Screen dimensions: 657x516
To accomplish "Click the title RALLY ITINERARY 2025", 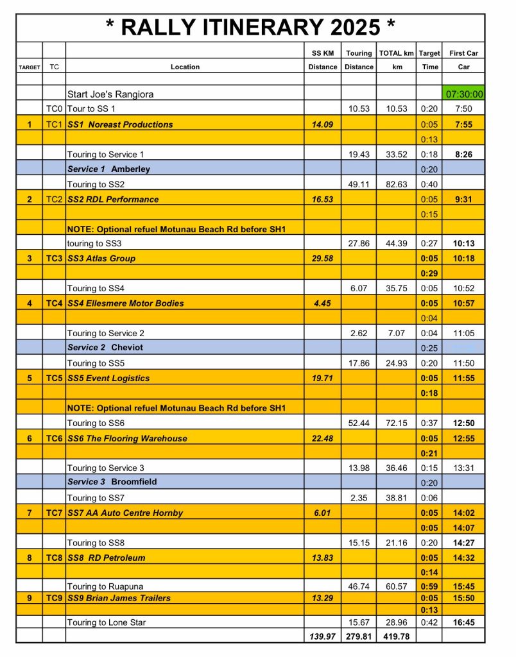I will (250, 28).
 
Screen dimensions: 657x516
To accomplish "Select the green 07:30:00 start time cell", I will (463, 94).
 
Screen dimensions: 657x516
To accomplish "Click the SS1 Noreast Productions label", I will (120, 124).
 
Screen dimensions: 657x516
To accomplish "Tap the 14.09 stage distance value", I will (322, 124).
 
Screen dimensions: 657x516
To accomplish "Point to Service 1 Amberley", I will (109, 169).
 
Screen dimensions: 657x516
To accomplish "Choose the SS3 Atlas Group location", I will (101, 259).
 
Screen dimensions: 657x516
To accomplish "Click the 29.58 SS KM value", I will (322, 259).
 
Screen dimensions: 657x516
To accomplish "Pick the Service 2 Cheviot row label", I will (105, 348).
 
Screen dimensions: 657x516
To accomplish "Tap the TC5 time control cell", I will (54, 378).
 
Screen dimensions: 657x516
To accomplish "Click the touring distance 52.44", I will (359, 423).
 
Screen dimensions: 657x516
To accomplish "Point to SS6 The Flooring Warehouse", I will (127, 439).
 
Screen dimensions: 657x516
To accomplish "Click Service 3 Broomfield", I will (112, 482).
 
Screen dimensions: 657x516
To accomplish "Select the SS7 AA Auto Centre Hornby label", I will (125, 513).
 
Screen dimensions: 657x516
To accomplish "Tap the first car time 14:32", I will (463, 558).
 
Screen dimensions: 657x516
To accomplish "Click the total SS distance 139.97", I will (322, 636).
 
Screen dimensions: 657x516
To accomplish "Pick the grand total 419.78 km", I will (397, 636).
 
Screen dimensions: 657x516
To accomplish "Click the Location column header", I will (185, 67).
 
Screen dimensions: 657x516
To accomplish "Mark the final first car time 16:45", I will (463, 622).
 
